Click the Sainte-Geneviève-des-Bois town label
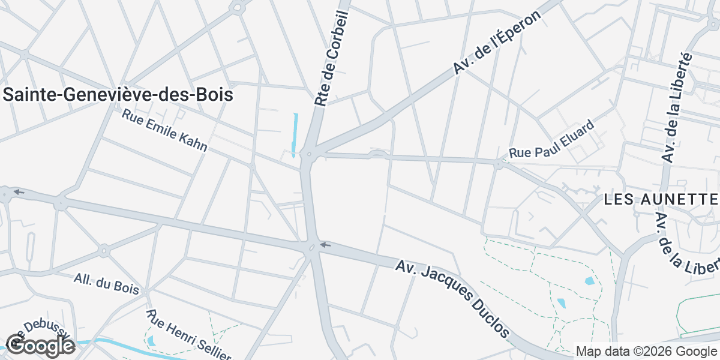[118, 95]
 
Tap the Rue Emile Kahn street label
[164, 130]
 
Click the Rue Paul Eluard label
[551, 139]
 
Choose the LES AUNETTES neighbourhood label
[661, 200]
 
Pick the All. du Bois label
[106, 284]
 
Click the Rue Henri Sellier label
[189, 335]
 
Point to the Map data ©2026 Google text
[646, 351]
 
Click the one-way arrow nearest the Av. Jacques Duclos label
[325, 245]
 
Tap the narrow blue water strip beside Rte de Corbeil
[295, 134]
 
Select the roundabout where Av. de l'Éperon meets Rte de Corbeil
[309, 155]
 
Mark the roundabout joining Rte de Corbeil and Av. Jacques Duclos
[312, 247]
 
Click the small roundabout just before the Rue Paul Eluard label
[498, 163]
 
